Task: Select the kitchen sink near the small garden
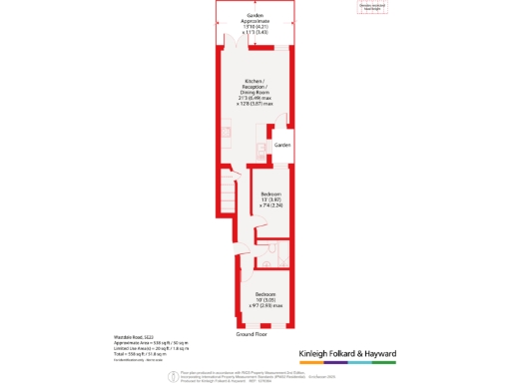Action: tap(262, 150)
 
